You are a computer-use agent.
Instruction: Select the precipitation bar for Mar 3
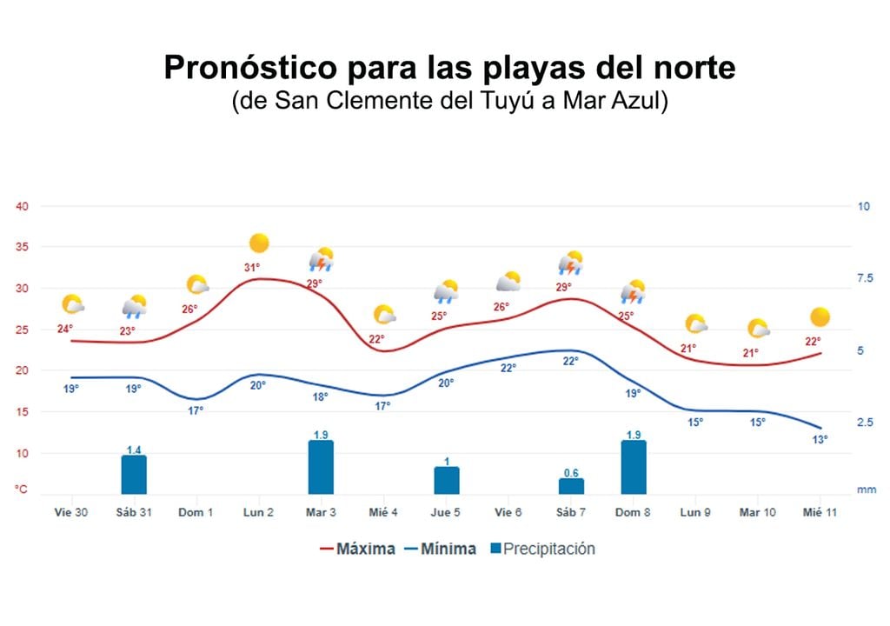[x=321, y=468]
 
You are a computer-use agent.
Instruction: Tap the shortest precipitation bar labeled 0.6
[x=571, y=486]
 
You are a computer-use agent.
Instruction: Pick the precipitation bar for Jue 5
[x=446, y=480]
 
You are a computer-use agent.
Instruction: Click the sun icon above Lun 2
[x=259, y=243]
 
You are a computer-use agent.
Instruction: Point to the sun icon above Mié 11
[x=820, y=317]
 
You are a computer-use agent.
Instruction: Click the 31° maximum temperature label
[x=252, y=268]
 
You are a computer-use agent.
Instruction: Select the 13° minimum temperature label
[x=820, y=440]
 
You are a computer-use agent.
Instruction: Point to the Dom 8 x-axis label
[x=633, y=513]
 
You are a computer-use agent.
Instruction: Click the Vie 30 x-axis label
[x=70, y=513]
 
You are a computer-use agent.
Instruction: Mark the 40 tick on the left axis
[x=23, y=206]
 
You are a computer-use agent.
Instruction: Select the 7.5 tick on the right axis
[x=864, y=278]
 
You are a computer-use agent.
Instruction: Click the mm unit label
[x=867, y=489]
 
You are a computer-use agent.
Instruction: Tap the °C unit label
[x=21, y=489]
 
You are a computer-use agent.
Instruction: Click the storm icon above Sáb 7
[x=570, y=263]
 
